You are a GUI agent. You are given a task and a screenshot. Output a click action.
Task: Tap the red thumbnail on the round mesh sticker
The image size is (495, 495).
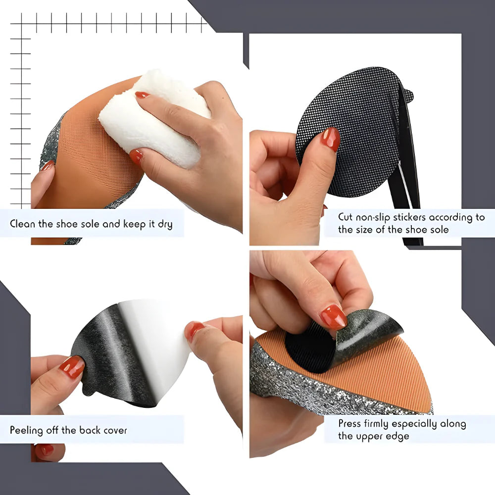[x=330, y=139]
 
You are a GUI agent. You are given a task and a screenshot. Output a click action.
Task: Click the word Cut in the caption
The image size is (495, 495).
[x=346, y=217]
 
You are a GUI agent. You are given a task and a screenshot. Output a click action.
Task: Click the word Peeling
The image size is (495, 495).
[x=26, y=430]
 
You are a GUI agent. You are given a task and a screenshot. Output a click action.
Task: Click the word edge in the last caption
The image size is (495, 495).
[x=396, y=436]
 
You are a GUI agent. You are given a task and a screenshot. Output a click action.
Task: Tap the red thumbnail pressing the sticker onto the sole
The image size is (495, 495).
[x=333, y=316]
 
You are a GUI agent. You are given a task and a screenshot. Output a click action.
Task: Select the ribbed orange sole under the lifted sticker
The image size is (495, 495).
[x=391, y=366]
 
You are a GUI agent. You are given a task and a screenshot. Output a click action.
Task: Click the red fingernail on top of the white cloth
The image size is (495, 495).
[x=142, y=95]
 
